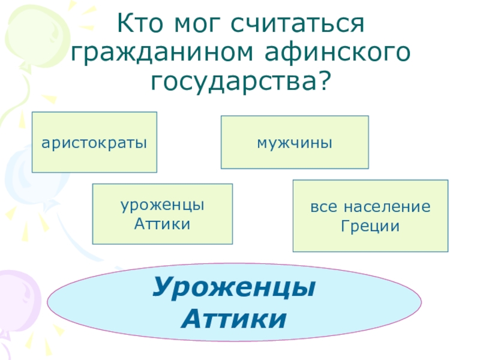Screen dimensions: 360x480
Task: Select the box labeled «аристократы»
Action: click(94, 142)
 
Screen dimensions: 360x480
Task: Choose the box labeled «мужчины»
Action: click(295, 142)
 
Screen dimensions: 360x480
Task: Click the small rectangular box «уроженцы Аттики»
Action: click(162, 214)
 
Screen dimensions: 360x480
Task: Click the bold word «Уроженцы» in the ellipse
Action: click(234, 287)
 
